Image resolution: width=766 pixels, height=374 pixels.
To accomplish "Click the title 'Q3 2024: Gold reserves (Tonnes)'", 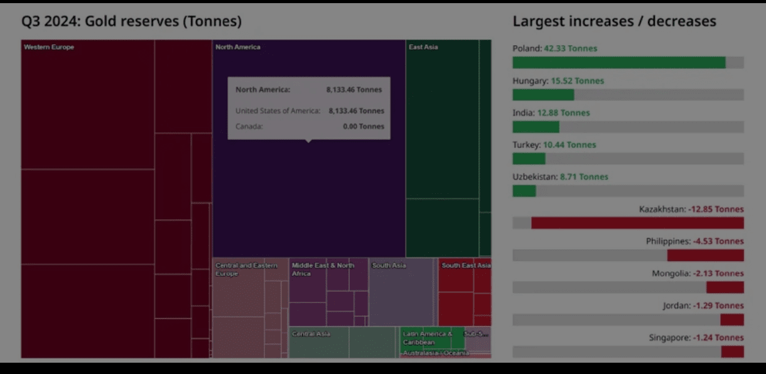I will pos(131,21).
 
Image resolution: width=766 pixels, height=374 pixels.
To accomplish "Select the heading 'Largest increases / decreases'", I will pos(614,21).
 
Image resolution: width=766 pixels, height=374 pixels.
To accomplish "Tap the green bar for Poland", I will pos(618,63).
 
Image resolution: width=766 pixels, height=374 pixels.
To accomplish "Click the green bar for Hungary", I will pos(543,95).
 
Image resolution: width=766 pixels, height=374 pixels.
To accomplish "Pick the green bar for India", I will pos(536,127).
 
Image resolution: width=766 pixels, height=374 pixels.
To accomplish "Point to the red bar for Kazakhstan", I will pos(637,223).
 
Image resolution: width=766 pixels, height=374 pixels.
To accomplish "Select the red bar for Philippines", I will pos(705,255).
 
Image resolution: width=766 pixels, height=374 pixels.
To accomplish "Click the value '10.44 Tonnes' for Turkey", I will pos(569,145).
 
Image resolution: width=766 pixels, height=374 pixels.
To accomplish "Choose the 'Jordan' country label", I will pos(676,306).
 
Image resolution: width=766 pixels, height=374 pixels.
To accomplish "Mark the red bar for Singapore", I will pos(732,351).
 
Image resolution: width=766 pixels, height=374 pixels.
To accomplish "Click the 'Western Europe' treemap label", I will pos(49,47).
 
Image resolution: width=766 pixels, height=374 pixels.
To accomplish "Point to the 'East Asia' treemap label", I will pos(423,47).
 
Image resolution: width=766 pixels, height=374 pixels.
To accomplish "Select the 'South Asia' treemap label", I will pos(389,265).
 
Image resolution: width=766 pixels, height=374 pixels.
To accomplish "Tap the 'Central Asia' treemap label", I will pos(311,334).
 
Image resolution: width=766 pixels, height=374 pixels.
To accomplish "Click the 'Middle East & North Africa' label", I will pos(323,269).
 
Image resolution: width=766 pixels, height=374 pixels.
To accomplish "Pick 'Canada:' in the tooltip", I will pos(249,126).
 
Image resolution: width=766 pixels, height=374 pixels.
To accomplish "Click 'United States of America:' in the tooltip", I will pos(278,111).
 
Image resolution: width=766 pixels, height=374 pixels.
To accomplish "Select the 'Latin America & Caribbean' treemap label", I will pos(427,338).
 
